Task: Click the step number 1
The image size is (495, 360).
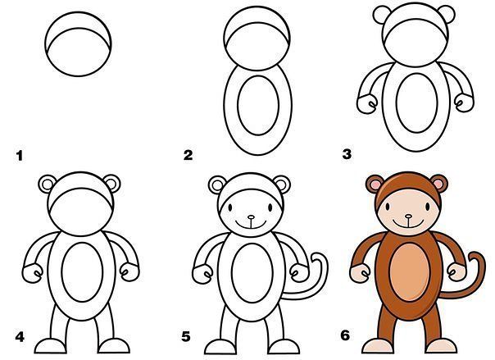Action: click(x=20, y=156)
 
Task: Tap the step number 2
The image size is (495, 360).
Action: click(x=188, y=155)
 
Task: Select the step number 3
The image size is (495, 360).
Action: click(x=347, y=154)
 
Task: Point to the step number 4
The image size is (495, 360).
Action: click(x=20, y=337)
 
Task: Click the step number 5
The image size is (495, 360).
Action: click(x=186, y=337)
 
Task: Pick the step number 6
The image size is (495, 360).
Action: click(x=345, y=335)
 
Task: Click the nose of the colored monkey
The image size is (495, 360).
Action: click(x=408, y=216)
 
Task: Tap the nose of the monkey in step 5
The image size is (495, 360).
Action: click(x=251, y=217)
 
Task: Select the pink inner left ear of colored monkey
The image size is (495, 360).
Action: click(x=375, y=184)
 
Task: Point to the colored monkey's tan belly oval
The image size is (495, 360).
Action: click(x=410, y=273)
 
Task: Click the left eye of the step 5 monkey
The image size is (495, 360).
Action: click(x=230, y=207)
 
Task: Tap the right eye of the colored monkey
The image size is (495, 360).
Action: click(x=428, y=207)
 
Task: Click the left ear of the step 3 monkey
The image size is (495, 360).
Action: click(x=382, y=14)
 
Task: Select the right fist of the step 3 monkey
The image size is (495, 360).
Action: click(x=464, y=103)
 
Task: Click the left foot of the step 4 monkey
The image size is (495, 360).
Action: click(x=51, y=346)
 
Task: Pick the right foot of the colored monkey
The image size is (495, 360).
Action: click(x=442, y=346)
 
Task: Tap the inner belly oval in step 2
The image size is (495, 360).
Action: click(x=258, y=105)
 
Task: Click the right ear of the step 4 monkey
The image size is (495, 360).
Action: click(x=112, y=184)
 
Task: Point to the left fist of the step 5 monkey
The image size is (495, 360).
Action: click(x=202, y=274)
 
